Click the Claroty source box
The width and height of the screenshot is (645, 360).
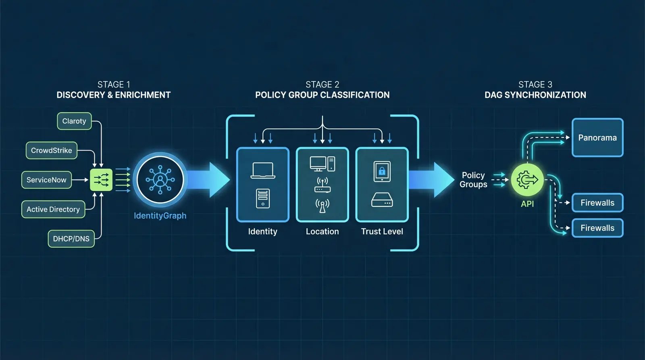74,121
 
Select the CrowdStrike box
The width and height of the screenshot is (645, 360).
52,150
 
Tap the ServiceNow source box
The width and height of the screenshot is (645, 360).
46,180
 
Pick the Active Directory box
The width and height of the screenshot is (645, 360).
53,209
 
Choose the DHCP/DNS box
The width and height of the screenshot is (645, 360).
71,239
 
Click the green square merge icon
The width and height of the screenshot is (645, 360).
101,180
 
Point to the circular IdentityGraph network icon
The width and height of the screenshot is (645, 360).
160,179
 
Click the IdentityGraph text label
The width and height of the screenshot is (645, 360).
160,216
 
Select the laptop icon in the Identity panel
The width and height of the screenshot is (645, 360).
263,170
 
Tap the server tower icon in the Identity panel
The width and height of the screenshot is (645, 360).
263,198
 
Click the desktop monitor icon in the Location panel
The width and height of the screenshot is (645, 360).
318,164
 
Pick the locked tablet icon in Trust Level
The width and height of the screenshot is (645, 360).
382,171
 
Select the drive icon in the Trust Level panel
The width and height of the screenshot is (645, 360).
382,200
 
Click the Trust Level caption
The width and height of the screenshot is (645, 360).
382,231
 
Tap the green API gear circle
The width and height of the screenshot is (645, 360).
527,180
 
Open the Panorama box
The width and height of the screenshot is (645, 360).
597,137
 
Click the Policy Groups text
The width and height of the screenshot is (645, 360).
473,180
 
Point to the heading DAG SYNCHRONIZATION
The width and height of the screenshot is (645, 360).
535,95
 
